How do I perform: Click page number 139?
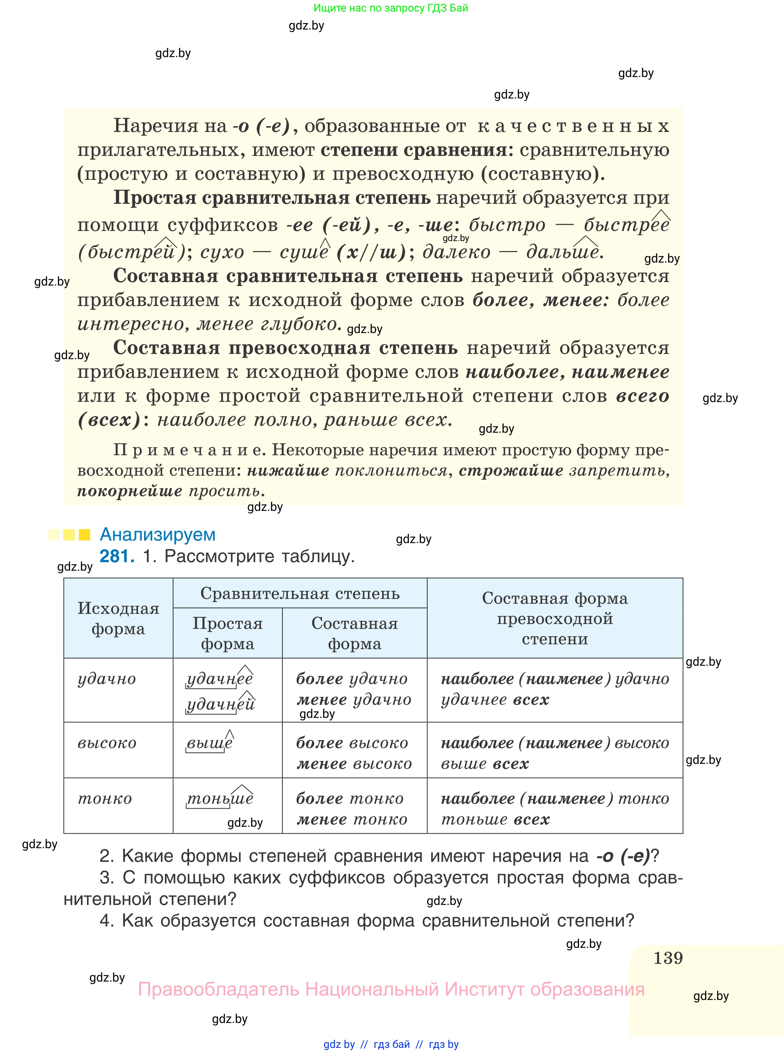668,958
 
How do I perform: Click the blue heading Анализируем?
158,535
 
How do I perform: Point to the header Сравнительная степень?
300,593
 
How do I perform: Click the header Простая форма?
228,633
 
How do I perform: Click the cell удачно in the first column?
107,679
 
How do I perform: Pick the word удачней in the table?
220,704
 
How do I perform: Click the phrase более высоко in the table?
352,743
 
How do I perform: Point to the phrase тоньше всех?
495,819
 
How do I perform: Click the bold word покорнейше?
130,491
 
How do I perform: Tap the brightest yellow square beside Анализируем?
84,535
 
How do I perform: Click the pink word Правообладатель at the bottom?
218,989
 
